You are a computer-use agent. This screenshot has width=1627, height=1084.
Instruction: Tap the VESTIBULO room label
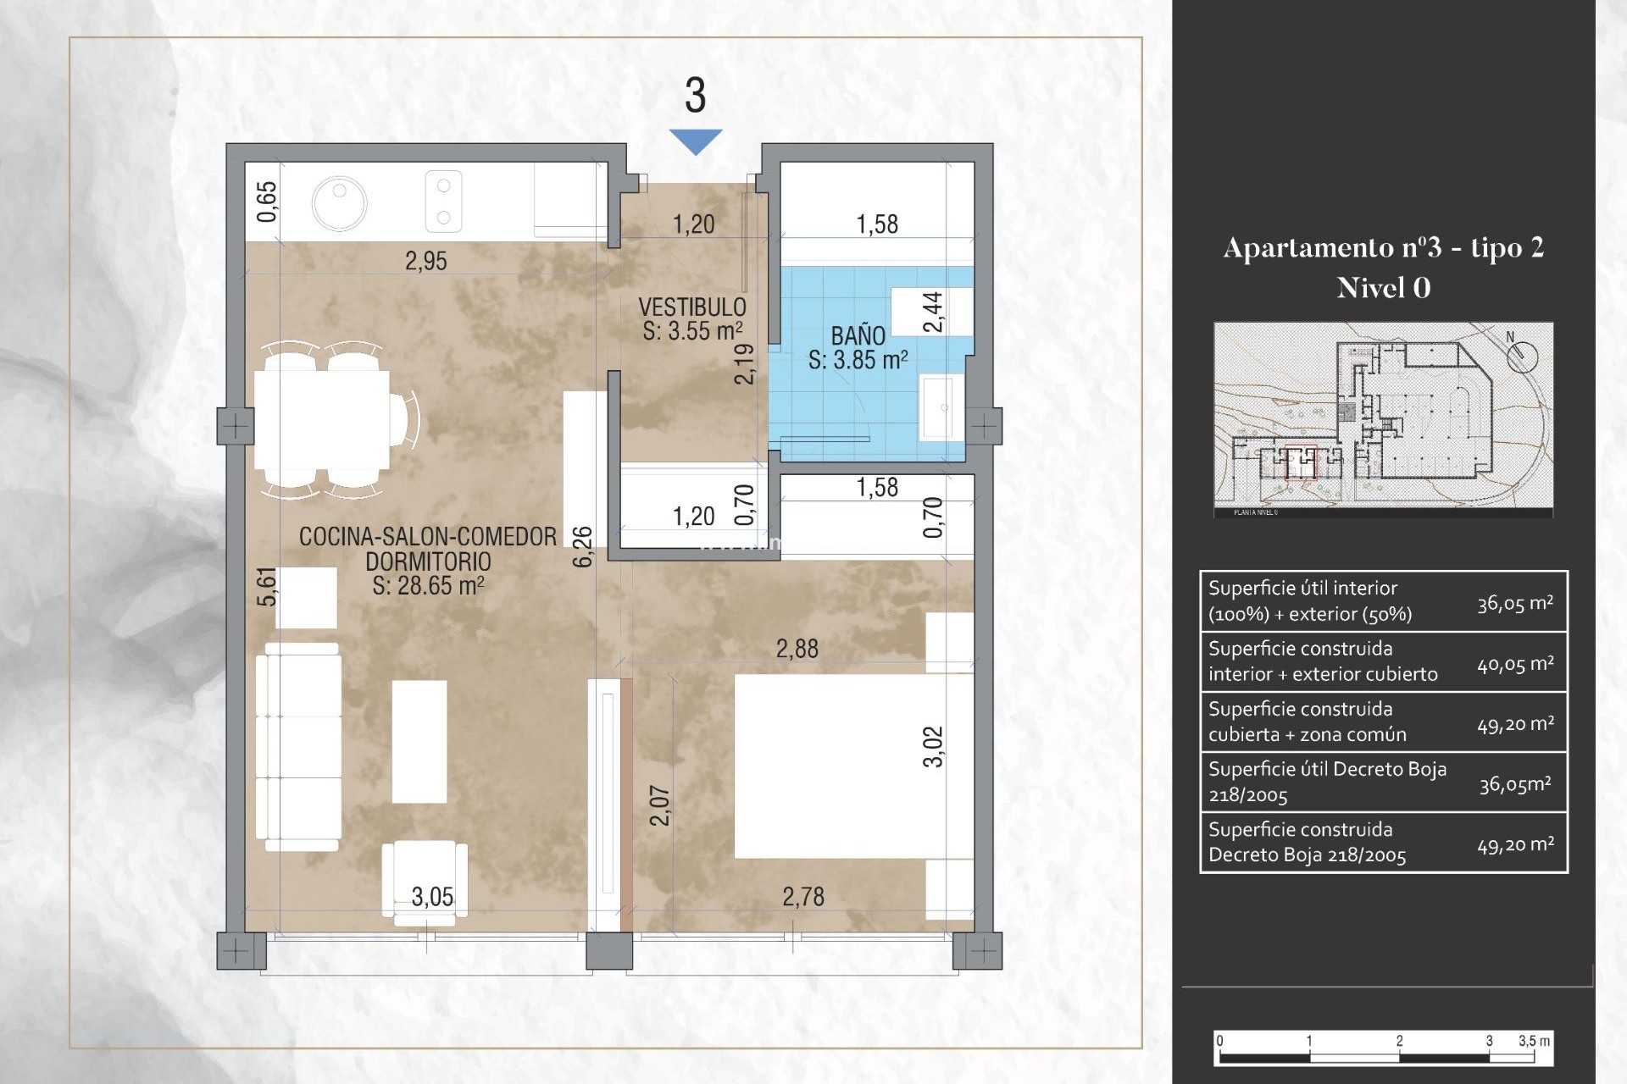[x=692, y=307]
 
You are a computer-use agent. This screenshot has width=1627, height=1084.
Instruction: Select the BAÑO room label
[x=858, y=335]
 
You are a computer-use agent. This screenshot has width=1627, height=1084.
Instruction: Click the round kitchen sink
[x=339, y=203]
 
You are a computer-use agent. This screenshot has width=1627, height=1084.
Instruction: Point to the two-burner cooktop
[x=443, y=202]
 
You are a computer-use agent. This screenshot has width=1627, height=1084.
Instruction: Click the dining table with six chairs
[x=322, y=421]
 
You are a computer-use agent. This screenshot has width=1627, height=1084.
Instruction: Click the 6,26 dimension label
[x=583, y=546]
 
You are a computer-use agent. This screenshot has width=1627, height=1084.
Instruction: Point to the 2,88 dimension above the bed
[x=797, y=650]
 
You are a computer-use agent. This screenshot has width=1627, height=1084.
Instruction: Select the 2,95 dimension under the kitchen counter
[x=425, y=261]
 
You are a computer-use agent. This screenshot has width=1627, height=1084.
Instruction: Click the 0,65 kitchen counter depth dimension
[x=267, y=202]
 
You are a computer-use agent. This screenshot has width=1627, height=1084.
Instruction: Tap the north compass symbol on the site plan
[x=1522, y=355]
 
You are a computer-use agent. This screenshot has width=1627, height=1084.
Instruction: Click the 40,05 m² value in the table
[x=1515, y=664]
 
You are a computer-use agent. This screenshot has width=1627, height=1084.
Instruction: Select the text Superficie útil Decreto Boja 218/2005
[x=1326, y=782]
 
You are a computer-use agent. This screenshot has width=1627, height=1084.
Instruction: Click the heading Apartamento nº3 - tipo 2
[x=1383, y=247]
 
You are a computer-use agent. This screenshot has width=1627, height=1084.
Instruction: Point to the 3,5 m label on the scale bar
[x=1534, y=1041]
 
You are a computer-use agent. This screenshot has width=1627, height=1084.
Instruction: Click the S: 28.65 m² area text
[x=428, y=586]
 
